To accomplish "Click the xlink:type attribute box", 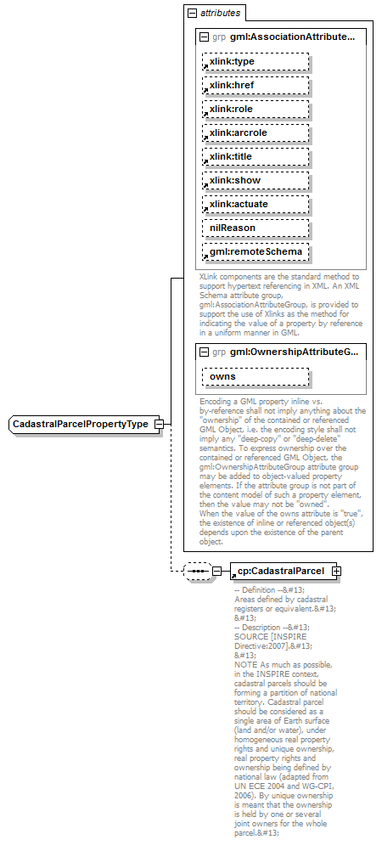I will pos(256,62).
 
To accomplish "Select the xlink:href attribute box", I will pos(256,86).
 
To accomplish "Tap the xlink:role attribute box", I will pos(256,110).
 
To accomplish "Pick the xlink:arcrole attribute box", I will pos(256,133).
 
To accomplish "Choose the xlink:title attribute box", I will pos(256,157).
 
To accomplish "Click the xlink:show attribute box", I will pos(256,181).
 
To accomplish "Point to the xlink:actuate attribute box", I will pos(256,205).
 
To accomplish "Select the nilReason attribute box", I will pos(256,228).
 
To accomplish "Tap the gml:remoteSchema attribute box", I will pos(256,252).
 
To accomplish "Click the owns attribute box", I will pos(256,376).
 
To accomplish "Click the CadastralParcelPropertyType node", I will pos(81,424).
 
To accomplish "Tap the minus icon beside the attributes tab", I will pos(193,14).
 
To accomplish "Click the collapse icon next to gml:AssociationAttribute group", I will pos(203,37).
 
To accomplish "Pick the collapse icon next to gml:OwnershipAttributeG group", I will pos(203,352).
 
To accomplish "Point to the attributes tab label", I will pos(220,14).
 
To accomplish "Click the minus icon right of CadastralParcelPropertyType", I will pos(157,424).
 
